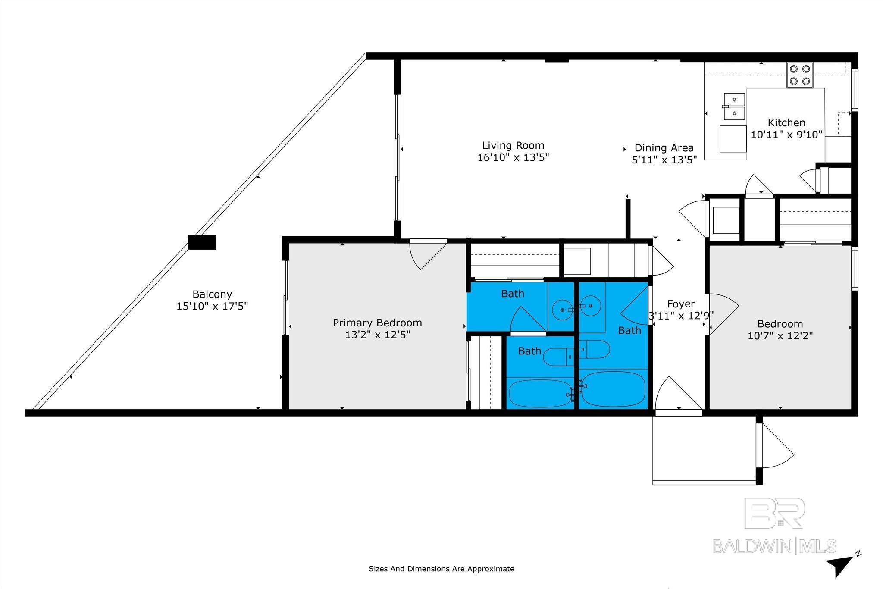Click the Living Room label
pyautogui.click(x=513, y=146)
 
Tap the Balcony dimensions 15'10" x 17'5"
pyautogui.click(x=212, y=307)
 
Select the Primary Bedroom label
pyautogui.click(x=377, y=323)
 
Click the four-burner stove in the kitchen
pyautogui.click(x=800, y=75)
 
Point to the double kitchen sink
pyautogui.click(x=734, y=106)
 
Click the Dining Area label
pyautogui.click(x=664, y=148)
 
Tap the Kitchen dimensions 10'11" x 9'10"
pyautogui.click(x=787, y=135)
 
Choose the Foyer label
pyautogui.click(x=681, y=304)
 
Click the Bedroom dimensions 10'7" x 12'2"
pyautogui.click(x=780, y=335)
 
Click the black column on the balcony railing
pyautogui.click(x=202, y=242)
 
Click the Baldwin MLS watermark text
pyautogui.click(x=774, y=546)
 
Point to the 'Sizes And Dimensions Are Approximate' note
pyautogui.click(x=441, y=569)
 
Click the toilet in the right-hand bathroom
pyautogui.click(x=594, y=349)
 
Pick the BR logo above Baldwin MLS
pyautogui.click(x=774, y=513)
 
